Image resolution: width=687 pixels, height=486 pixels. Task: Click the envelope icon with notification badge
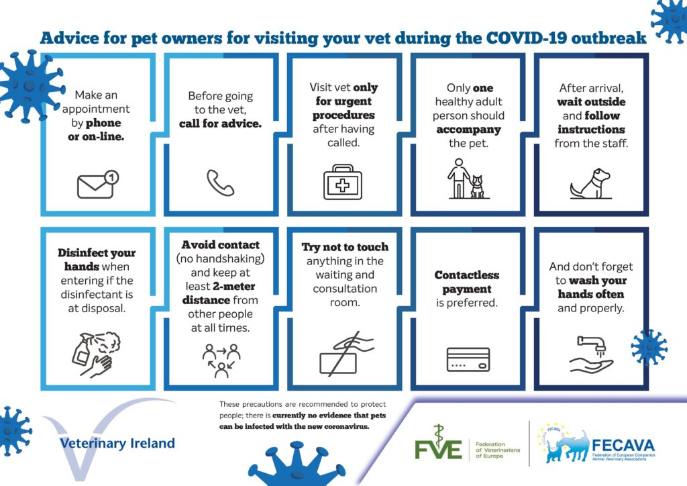tap(97, 185)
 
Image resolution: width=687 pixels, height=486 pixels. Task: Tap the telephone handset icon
tap(220, 183)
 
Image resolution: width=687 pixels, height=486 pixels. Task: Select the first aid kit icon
tap(343, 183)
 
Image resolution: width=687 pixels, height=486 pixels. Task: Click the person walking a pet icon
tap(467, 179)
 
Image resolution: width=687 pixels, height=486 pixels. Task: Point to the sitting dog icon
tap(590, 184)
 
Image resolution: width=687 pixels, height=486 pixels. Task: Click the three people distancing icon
tap(221, 360)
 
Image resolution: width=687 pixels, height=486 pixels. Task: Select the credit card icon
tap(468, 360)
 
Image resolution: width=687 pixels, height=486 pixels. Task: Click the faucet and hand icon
tap(591, 354)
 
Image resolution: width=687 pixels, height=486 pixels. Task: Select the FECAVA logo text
tap(623, 446)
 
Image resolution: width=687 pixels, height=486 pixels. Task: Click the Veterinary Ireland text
tap(117, 443)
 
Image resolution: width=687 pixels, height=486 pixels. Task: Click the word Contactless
tap(467, 275)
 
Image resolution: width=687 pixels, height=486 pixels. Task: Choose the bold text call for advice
tap(220, 124)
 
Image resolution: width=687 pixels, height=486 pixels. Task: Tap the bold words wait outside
tap(591, 102)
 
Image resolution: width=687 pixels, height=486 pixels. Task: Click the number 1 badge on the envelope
tap(112, 177)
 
